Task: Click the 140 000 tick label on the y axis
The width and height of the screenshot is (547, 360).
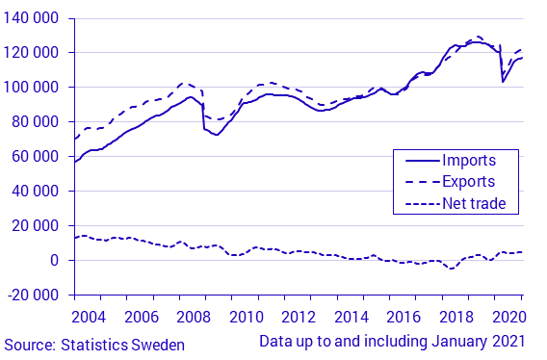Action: pos(34,18)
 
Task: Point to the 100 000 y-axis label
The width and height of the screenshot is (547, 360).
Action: pos(34,88)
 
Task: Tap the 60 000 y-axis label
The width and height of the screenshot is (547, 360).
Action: pos(38,157)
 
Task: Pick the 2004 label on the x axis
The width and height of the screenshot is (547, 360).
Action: pos(89,317)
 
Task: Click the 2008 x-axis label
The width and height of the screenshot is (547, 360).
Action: pos(194,317)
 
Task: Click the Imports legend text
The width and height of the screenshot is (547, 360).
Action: pos(468,160)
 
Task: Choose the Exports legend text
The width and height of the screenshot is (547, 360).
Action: pos(468,181)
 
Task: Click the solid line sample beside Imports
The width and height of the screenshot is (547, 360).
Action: pos(417,160)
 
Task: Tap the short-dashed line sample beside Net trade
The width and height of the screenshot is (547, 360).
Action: pos(417,202)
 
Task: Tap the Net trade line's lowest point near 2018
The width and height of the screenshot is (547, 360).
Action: pos(451,269)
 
